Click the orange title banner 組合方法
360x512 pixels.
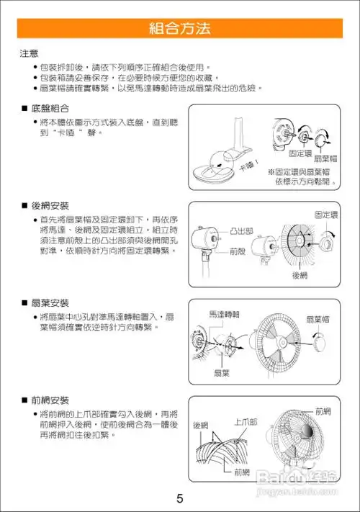coord(179,29)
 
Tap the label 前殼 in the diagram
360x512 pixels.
coord(238,252)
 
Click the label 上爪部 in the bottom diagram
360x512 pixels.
coord(246,421)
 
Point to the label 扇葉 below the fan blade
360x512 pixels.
coord(222,372)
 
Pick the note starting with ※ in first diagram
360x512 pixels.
coord(302,177)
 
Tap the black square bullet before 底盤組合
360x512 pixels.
coord(24,107)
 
